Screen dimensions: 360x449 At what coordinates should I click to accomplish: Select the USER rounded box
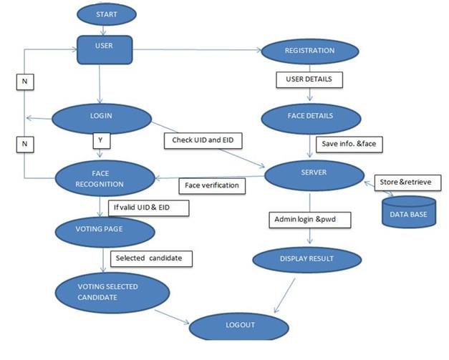105,49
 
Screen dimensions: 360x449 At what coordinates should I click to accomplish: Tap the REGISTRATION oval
309,52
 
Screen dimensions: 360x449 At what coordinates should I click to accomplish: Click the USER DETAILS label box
304,78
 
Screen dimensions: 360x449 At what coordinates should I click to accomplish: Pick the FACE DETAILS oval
309,115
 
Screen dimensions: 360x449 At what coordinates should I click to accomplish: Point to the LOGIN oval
101,116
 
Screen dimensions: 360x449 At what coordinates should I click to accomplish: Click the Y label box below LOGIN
101,141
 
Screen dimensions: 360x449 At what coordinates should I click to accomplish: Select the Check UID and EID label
203,140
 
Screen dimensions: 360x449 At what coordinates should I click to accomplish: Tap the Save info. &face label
347,144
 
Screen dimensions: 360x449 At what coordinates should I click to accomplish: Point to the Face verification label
213,186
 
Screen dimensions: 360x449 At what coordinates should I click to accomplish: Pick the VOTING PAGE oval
104,231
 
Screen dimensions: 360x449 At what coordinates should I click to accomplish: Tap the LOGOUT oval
240,326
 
